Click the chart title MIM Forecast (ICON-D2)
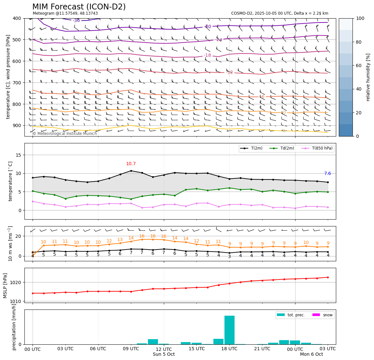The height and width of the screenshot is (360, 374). click(79, 7)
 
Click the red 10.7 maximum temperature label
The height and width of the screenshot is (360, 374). click(131, 164)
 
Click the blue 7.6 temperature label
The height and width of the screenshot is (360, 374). click(327, 174)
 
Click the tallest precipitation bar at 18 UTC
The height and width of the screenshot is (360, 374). click(229, 330)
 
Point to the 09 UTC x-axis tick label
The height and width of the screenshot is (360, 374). click(131, 349)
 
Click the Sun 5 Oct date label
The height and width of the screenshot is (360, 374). click(164, 354)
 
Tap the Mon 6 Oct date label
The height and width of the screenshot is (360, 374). click(311, 354)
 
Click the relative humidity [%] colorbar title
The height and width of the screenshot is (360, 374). click(368, 77)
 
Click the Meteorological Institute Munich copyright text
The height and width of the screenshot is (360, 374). click(65, 134)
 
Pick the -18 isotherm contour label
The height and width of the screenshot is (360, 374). click(208, 55)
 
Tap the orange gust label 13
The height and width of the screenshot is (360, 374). click(120, 240)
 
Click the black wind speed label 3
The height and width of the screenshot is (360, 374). click(229, 257)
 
